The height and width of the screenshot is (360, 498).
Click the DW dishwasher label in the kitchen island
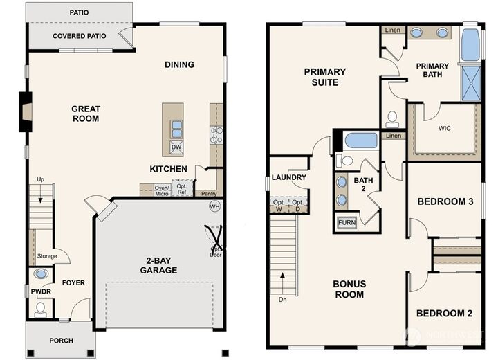coord(176,147)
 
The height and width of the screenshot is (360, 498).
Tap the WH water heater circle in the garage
coord(214,206)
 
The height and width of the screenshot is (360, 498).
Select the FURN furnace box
coord(347,223)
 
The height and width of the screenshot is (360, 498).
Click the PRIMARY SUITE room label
coord(325,76)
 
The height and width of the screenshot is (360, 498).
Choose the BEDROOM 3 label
coord(445,202)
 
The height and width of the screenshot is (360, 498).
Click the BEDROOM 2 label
coord(444,314)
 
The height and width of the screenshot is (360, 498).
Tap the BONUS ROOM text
coord(349,289)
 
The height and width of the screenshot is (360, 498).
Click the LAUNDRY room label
coord(289,178)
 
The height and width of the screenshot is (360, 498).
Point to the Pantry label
coord(209,194)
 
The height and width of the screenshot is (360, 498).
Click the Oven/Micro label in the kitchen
coord(162,190)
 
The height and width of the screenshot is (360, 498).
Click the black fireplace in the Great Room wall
coord(24,111)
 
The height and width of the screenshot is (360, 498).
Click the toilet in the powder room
coord(40,307)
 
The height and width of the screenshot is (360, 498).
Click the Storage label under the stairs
coord(47,256)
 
